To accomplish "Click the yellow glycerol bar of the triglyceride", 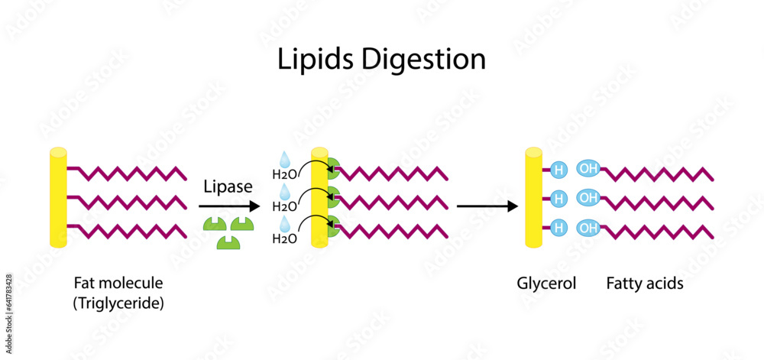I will pyautogui.click(x=58, y=197).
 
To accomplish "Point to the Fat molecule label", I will pyautogui.click(x=118, y=284).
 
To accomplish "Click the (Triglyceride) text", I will pyautogui.click(x=118, y=303).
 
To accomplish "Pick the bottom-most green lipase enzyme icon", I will pyautogui.click(x=227, y=242).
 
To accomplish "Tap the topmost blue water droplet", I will pyautogui.click(x=284, y=159).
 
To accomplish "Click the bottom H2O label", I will pyautogui.click(x=284, y=239).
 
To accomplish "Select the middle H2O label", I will pyautogui.click(x=284, y=206).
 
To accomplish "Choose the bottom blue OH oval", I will pyautogui.click(x=588, y=228).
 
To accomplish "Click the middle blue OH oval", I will pyautogui.click(x=588, y=199).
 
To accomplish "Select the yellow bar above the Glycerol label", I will pyautogui.click(x=533, y=197).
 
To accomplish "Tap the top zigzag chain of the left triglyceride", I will pyautogui.click(x=127, y=172).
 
